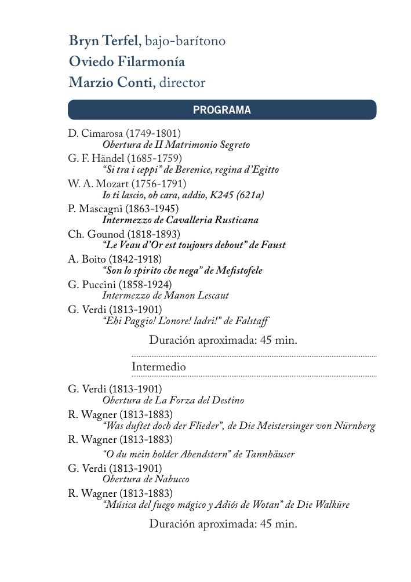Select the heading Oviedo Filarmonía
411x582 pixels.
[x=127, y=61]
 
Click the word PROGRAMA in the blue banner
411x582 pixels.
[x=222, y=110]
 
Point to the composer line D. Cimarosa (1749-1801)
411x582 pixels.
[x=124, y=133]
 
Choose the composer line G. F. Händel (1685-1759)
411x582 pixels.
[x=125, y=158]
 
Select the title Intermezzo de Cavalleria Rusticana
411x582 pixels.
[x=180, y=220]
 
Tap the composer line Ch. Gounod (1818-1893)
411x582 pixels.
[x=124, y=234]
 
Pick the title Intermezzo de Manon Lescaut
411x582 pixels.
[x=165, y=296]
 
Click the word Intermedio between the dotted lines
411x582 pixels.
[x=159, y=367]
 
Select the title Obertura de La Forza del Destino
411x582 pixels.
[x=173, y=401]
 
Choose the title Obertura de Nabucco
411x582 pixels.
[x=146, y=479]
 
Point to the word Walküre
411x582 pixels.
[x=332, y=505]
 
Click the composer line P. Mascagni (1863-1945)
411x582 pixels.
[x=123, y=208]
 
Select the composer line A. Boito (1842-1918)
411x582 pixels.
[x=115, y=259]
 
